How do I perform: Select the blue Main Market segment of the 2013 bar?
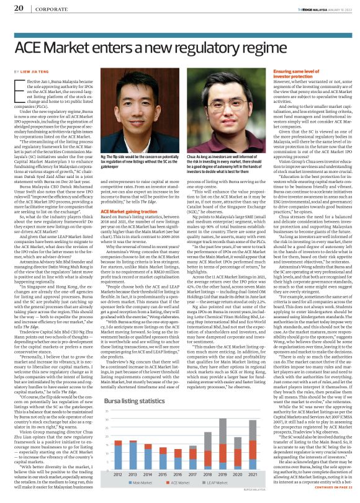tap(133, 456)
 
